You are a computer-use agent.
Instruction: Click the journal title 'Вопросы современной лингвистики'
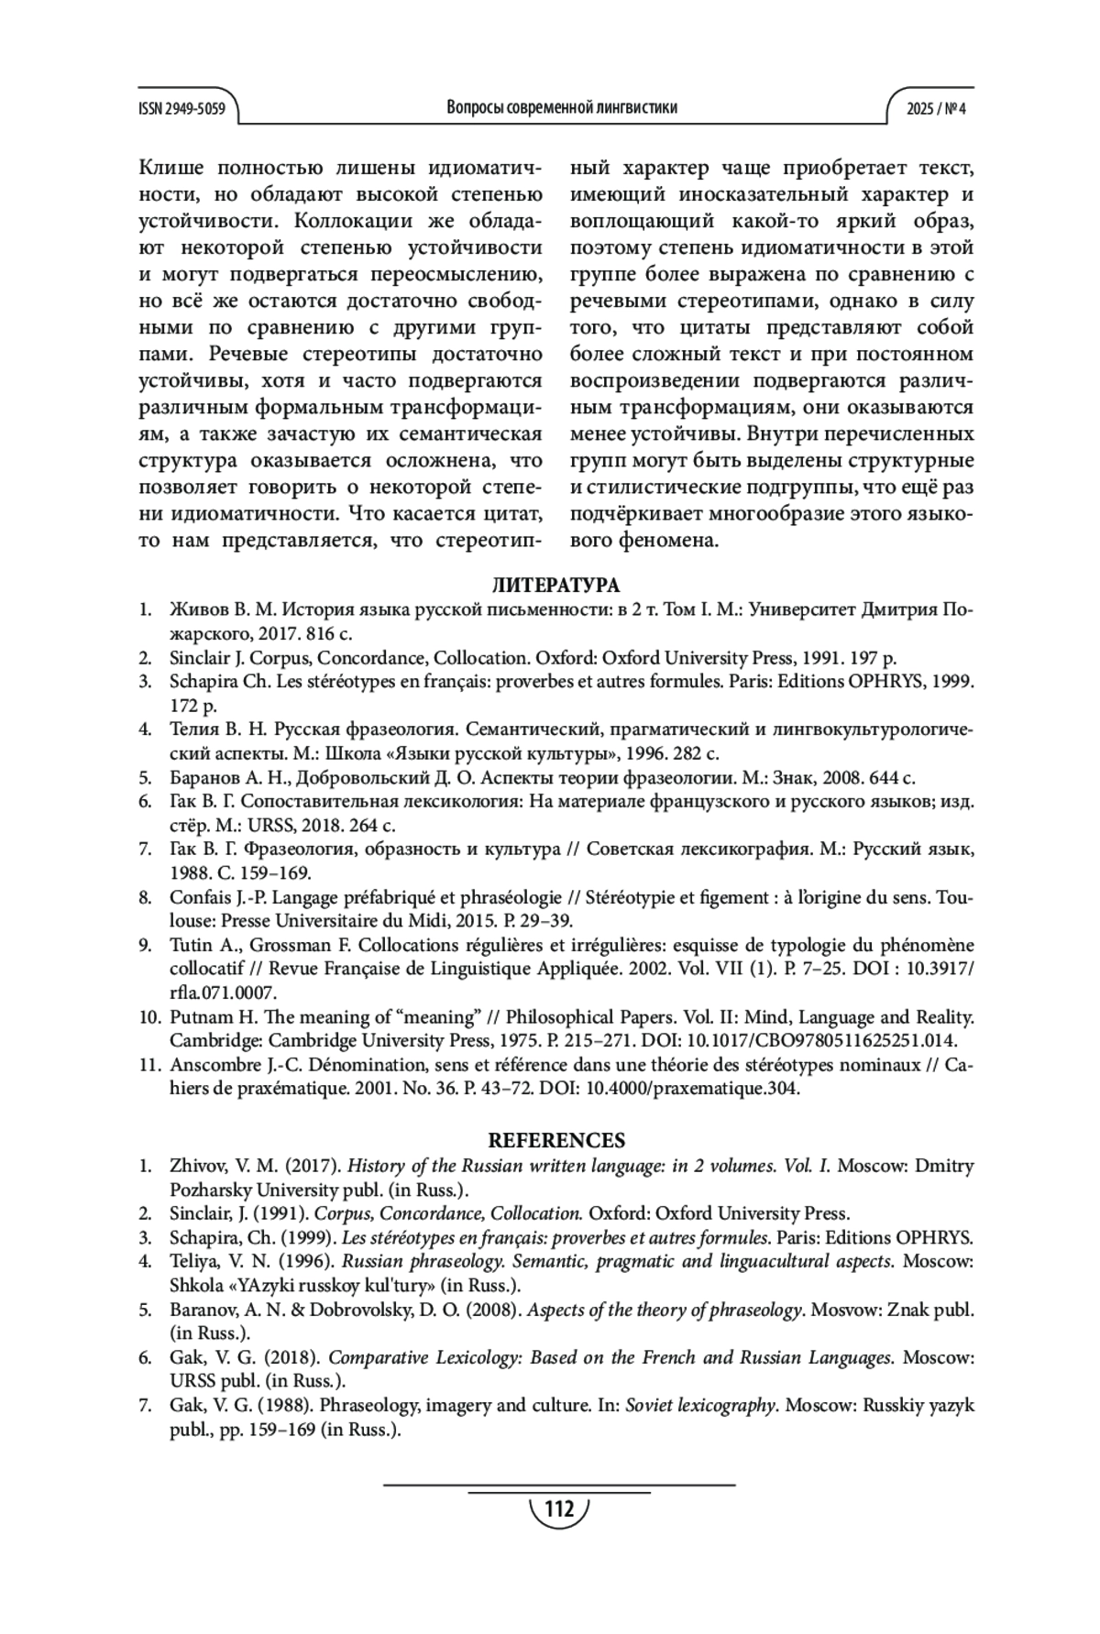tap(562, 108)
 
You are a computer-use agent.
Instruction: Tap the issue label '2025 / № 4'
tap(936, 108)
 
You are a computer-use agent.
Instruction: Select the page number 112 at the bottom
tap(558, 1508)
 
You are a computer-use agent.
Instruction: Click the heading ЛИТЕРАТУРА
tap(555, 586)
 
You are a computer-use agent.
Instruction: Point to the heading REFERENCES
tap(555, 1141)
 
